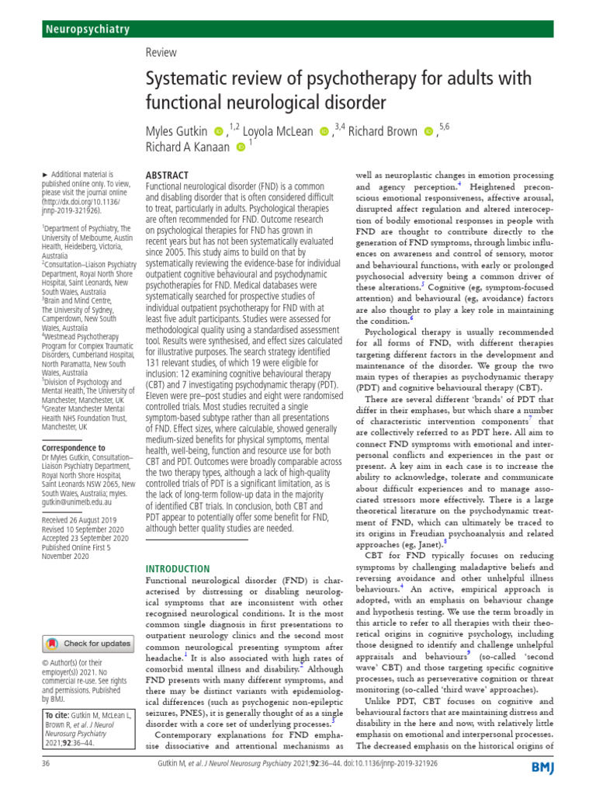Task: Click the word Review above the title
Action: (x=161, y=53)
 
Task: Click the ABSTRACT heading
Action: (x=168, y=177)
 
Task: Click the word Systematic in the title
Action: (x=187, y=79)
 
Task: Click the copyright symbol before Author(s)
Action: (x=44, y=662)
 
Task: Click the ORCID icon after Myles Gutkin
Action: (x=217, y=132)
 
